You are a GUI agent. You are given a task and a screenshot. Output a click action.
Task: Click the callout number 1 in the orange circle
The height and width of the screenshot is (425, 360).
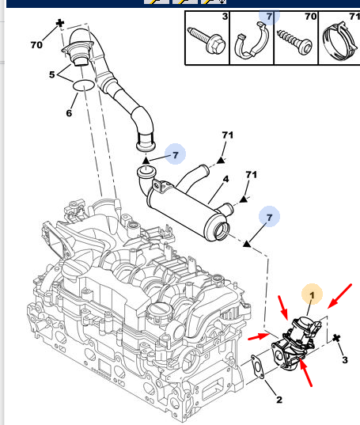click(312, 295)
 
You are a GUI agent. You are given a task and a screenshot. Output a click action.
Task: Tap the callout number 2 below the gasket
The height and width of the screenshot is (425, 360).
click(279, 399)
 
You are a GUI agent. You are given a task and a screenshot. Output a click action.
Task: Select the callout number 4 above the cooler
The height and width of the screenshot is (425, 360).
click(225, 179)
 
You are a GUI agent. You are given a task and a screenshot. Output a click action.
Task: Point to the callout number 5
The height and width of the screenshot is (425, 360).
click(52, 74)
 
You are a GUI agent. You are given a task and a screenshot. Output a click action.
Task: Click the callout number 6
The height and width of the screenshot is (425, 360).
click(69, 113)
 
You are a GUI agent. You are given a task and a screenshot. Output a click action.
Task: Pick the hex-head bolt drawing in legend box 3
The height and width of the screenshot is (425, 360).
click(207, 40)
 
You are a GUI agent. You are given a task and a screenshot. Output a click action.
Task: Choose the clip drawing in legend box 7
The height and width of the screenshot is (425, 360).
click(252, 40)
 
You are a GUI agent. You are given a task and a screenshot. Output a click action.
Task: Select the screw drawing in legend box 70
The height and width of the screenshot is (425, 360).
click(294, 41)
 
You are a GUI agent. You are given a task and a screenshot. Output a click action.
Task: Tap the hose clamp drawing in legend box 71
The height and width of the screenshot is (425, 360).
click(340, 41)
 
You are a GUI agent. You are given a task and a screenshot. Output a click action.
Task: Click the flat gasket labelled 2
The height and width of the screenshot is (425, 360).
click(258, 366)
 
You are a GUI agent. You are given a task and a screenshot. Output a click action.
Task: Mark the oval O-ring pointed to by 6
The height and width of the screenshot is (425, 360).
click(84, 85)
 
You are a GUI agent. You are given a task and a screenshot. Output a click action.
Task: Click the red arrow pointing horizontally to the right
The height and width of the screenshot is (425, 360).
click(259, 336)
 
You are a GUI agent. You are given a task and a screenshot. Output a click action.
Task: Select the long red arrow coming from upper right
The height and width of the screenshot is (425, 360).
click(339, 296)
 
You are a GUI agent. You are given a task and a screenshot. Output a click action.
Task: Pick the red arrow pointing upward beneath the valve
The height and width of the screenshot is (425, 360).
click(305, 372)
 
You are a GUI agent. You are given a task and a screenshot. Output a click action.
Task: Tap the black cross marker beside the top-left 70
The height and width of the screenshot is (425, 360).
click(60, 23)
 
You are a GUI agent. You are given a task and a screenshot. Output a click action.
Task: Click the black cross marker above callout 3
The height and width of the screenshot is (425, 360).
click(336, 338)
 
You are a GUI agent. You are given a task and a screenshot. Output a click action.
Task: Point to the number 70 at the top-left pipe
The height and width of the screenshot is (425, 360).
click(36, 44)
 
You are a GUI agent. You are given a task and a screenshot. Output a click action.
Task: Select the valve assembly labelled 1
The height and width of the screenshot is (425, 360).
click(297, 342)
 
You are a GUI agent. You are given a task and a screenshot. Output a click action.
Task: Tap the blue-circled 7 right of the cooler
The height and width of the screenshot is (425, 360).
click(269, 217)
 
